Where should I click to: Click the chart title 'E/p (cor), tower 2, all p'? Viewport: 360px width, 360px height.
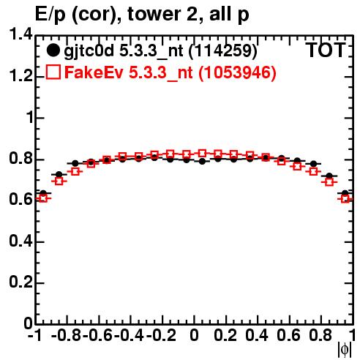click(x=142, y=15)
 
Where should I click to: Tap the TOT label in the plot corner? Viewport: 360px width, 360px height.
click(x=326, y=50)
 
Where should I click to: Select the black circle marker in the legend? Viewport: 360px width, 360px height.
click(x=53, y=50)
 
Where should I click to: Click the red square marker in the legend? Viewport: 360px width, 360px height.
click(x=53, y=72)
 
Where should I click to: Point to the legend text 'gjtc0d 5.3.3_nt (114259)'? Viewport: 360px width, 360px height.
click(x=160, y=51)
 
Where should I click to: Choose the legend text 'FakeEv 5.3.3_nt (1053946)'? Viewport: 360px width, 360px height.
click(x=170, y=72)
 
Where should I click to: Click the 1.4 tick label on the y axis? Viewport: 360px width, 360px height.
click(x=20, y=34)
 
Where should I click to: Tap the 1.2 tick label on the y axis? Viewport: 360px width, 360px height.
click(x=20, y=76)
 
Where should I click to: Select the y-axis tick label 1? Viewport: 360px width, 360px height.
click(x=30, y=118)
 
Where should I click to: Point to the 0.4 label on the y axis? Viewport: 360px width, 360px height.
click(x=20, y=241)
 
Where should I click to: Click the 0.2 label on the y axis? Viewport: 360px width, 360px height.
click(x=20, y=282)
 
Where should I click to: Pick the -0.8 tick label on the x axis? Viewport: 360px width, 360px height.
click(x=66, y=335)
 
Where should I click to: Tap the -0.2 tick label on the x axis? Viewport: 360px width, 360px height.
click(x=161, y=335)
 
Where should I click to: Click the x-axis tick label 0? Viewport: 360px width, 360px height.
click(x=194, y=335)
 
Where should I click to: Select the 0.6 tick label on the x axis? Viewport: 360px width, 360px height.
click(x=288, y=335)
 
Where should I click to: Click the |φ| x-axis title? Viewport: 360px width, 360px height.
click(x=345, y=350)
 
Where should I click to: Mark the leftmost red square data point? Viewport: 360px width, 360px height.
click(x=43, y=198)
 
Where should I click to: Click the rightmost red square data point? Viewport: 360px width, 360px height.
click(x=345, y=198)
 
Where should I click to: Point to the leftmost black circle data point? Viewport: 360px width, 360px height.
click(x=43, y=193)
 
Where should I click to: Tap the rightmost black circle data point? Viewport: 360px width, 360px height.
click(x=345, y=193)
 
